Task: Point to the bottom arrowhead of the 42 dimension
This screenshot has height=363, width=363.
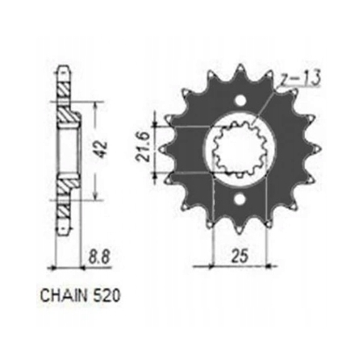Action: tap(98, 196)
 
